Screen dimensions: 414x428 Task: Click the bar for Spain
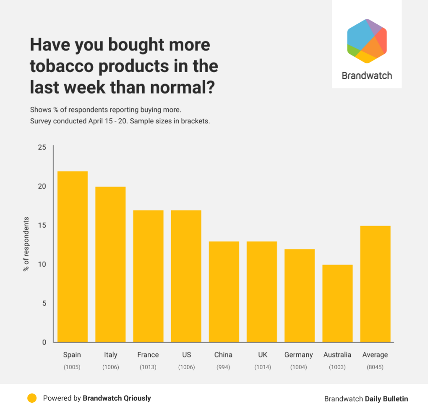tap(73, 257)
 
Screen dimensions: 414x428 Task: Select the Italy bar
tap(110, 264)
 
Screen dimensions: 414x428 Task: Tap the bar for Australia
tap(337, 303)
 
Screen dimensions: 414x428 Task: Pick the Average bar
tap(375, 284)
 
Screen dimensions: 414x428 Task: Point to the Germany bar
tap(300, 296)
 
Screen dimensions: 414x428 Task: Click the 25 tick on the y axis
tap(42, 148)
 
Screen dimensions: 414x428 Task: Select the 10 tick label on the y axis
tap(42, 265)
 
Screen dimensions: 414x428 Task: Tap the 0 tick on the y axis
tap(44, 343)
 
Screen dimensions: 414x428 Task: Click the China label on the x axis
tap(223, 355)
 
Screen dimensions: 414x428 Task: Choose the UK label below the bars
tap(263, 355)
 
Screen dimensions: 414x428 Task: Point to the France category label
tap(148, 355)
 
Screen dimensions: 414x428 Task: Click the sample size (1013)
tap(148, 367)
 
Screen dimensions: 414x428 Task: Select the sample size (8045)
tap(375, 367)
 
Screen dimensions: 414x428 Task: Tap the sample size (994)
tap(223, 367)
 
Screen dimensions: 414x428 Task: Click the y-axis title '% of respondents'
tap(26, 244)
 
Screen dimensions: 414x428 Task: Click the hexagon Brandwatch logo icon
tap(367, 41)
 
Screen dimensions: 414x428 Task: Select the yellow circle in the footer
tap(32, 398)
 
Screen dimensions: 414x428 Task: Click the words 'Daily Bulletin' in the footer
tap(386, 399)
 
